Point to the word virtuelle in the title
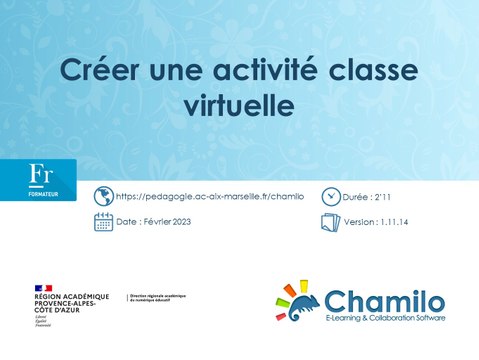239,103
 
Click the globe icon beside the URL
103,196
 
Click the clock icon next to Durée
331,196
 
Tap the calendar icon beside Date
103,222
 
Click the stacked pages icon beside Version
331,222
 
